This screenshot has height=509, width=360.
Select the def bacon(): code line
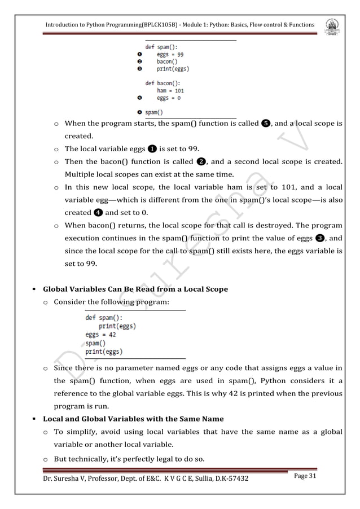click(x=164, y=83)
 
